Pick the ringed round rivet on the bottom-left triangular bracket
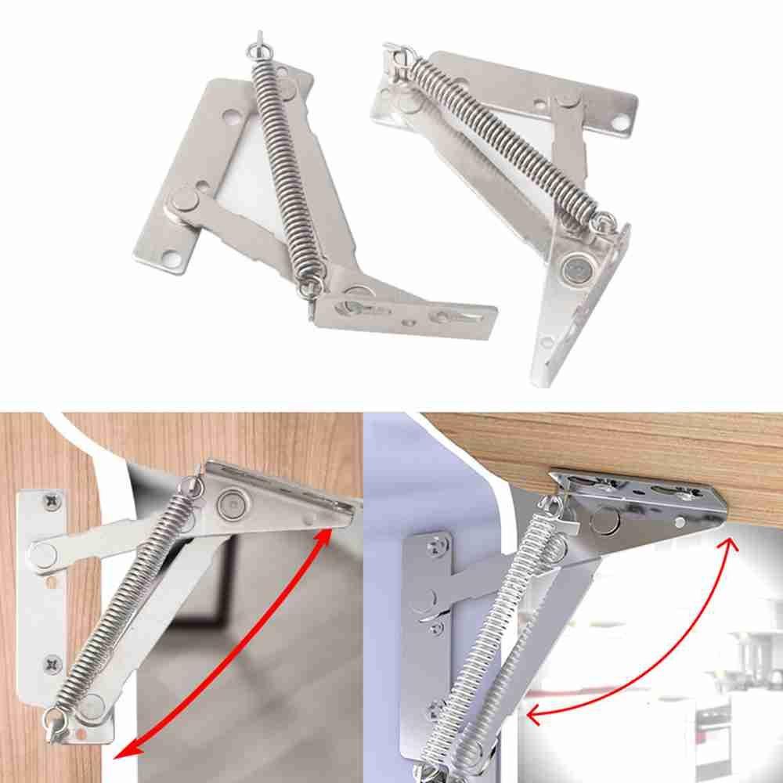point(233,502)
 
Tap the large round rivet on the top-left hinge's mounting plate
point(185,200)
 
